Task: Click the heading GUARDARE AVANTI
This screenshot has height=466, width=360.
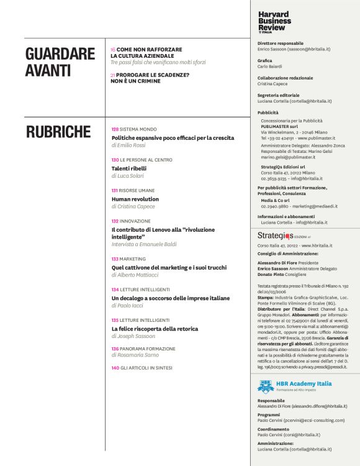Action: pyautogui.click(x=60, y=62)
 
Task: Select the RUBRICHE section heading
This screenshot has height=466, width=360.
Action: pyautogui.click(x=58, y=132)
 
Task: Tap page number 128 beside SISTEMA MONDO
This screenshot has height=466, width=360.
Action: pyautogui.click(x=106, y=129)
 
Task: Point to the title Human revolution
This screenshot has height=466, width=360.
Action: pyautogui.click(x=135, y=199)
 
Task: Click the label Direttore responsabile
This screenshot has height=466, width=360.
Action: pyautogui.click(x=280, y=43)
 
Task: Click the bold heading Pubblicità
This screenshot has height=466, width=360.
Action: pyautogui.click(x=268, y=112)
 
